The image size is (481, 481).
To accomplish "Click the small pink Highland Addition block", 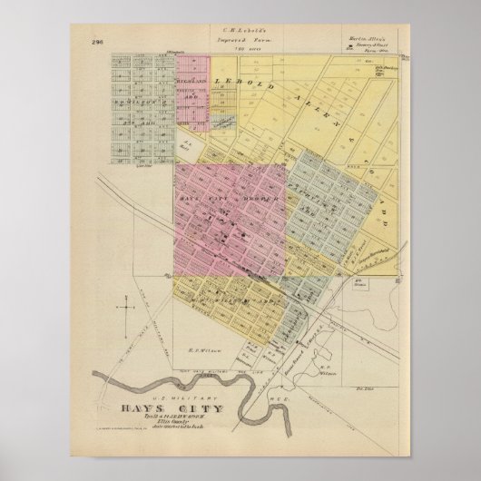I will (x=192, y=91).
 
